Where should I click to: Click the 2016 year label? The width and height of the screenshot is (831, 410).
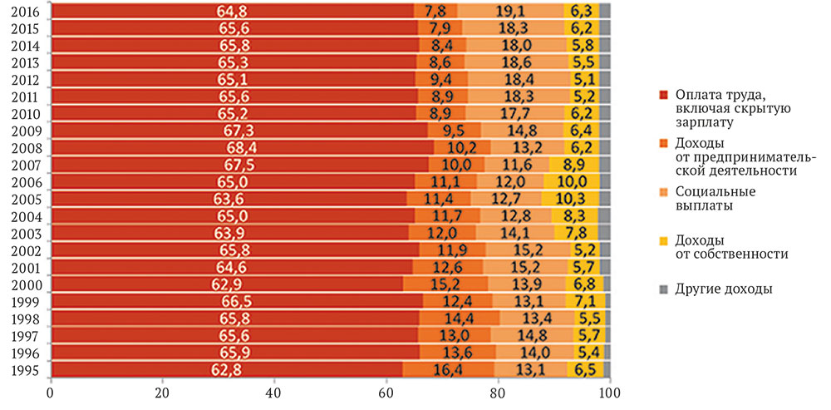pyautogui.click(x=23, y=11)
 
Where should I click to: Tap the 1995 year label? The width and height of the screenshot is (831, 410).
pyautogui.click(x=23, y=370)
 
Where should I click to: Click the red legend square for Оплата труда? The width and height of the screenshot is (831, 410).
pyautogui.click(x=663, y=94)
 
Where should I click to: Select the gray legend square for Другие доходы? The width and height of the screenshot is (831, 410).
pyautogui.click(x=663, y=289)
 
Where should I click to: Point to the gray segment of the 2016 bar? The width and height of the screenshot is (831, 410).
pyautogui.click(x=605, y=11)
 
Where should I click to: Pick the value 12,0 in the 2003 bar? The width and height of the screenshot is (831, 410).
pyautogui.click(x=447, y=233)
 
